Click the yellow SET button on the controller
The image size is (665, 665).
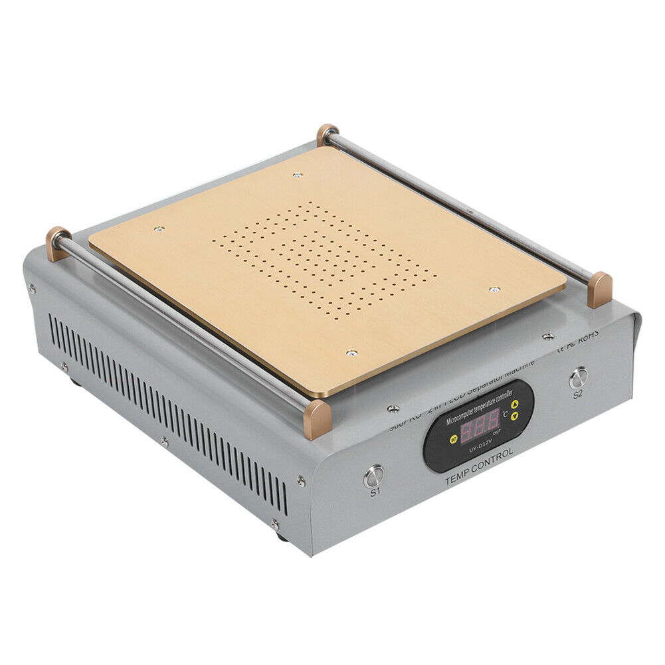[x=452, y=438]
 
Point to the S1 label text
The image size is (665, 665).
[x=375, y=492]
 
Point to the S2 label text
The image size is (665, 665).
[x=578, y=393]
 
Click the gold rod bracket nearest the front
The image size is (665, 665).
[x=317, y=419]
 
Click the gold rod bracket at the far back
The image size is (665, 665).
[x=327, y=134]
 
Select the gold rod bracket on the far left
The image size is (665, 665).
[x=58, y=242]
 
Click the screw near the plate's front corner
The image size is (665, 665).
[x=352, y=353]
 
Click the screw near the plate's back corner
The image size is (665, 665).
[x=297, y=175]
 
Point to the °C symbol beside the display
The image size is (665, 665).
[x=506, y=413]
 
